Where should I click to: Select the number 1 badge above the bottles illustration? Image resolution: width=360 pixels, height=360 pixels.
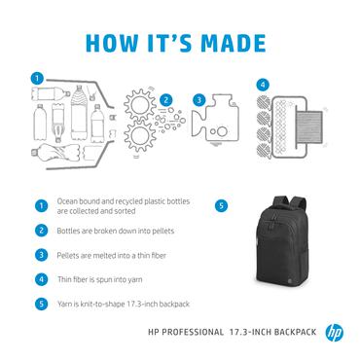coord(36,78)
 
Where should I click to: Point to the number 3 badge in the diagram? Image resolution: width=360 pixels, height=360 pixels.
coord(198,99)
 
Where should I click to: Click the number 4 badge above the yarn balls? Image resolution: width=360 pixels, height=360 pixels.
coord(262,84)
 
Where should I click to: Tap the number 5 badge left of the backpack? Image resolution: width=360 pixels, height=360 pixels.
coord(221,206)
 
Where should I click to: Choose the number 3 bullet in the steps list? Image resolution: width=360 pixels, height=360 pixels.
coord(41,254)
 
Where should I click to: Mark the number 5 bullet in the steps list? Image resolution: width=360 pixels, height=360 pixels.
coord(41,302)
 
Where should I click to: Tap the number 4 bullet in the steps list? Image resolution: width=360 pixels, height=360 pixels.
coord(41,278)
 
